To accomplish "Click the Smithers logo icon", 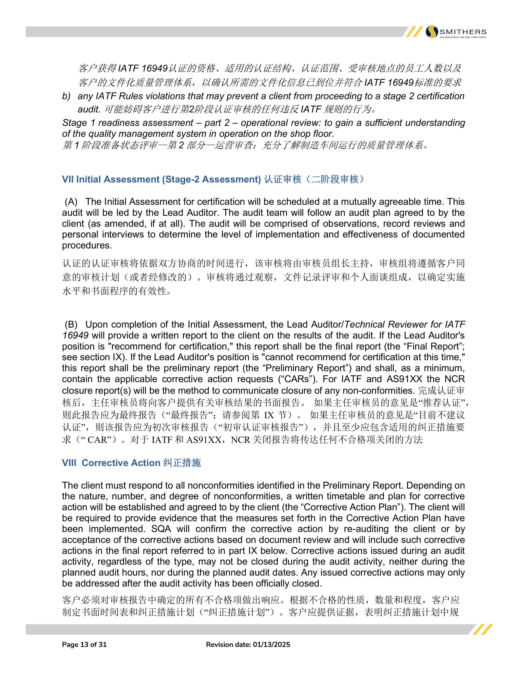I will pyautogui.click(x=432, y=32).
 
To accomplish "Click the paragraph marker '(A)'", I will pyautogui.click(x=71, y=202).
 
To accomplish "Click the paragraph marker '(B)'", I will pyautogui.click(x=71, y=324).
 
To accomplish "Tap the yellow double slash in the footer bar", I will pyautogui.click(x=483, y=629).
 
